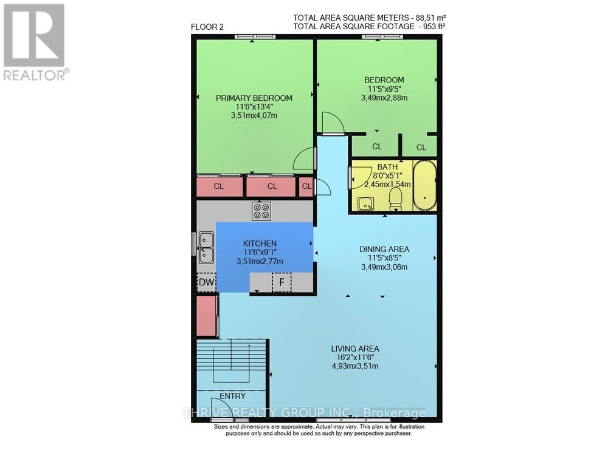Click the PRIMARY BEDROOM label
pyautogui.click(x=254, y=98)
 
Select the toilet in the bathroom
pyautogui.click(x=395, y=199)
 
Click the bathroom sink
pyautogui.click(x=365, y=203)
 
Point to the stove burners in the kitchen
pyautogui.click(x=261, y=211)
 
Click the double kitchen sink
pyautogui.click(x=206, y=248)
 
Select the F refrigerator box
pyautogui.click(x=281, y=282)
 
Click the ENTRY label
pyautogui.click(x=232, y=396)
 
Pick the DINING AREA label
pyautogui.click(x=384, y=249)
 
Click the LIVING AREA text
pyautogui.click(x=355, y=349)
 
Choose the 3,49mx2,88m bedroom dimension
pyautogui.click(x=384, y=97)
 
